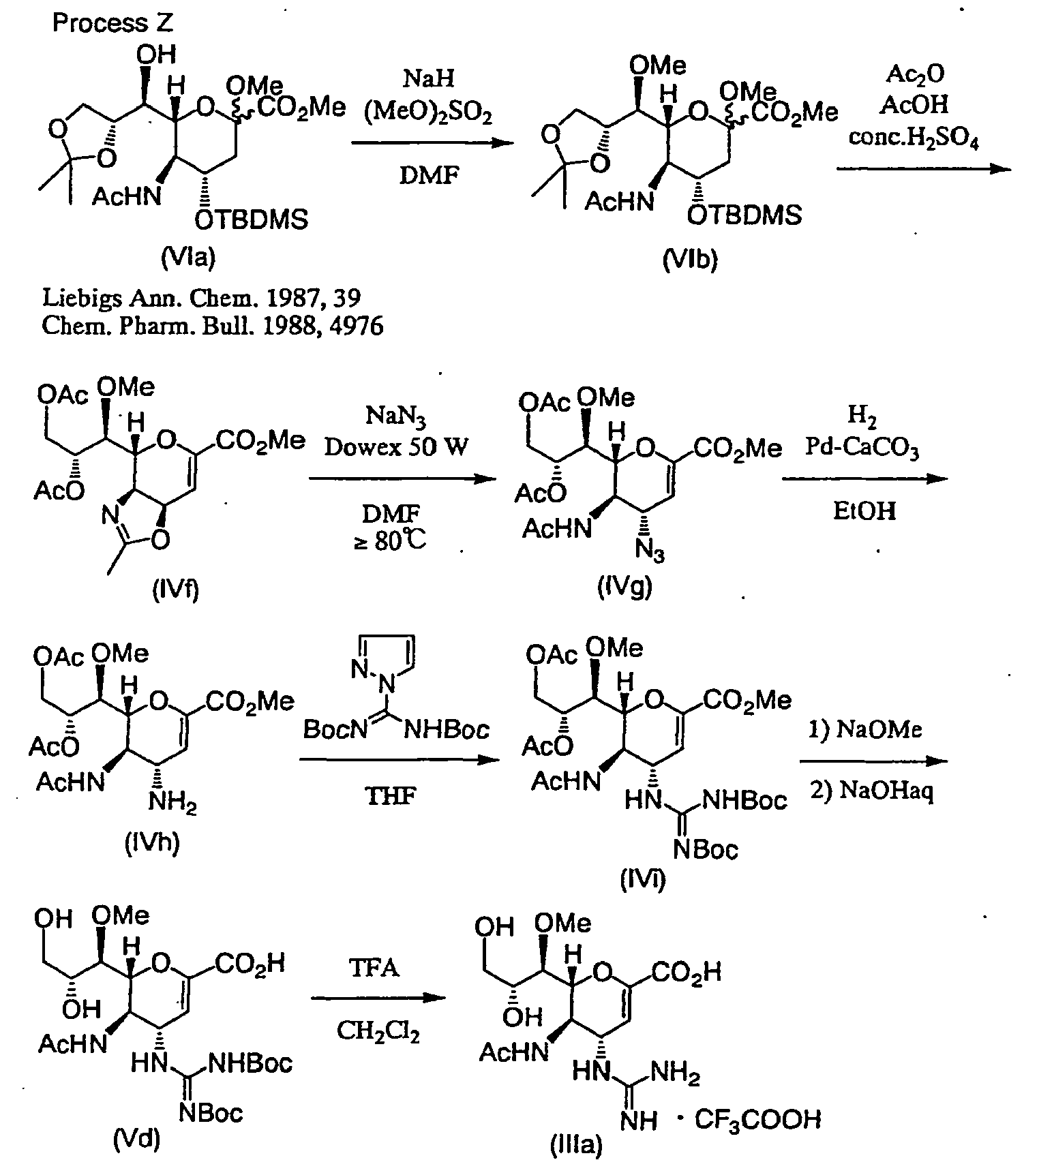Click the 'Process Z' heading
(x=112, y=23)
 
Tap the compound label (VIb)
(x=690, y=261)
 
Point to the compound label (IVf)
(x=175, y=587)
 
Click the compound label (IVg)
(x=624, y=587)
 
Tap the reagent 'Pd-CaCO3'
(x=862, y=448)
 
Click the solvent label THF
(x=391, y=795)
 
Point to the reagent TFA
(x=376, y=967)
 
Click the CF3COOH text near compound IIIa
(x=757, y=1120)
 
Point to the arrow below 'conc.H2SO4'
(x=923, y=168)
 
